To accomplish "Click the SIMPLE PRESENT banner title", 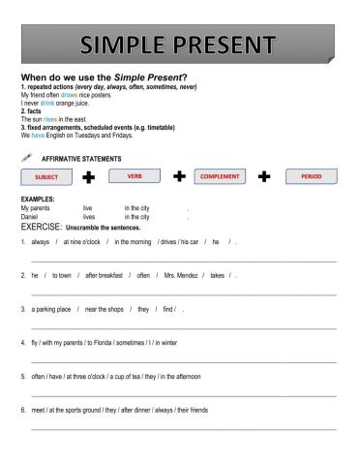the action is click(180, 46).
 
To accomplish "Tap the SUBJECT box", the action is click(45, 178).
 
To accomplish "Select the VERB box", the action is click(135, 176).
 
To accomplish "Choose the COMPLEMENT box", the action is click(219, 178).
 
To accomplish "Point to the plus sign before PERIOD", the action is click(264, 178).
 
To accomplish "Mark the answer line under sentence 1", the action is click(184, 260).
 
